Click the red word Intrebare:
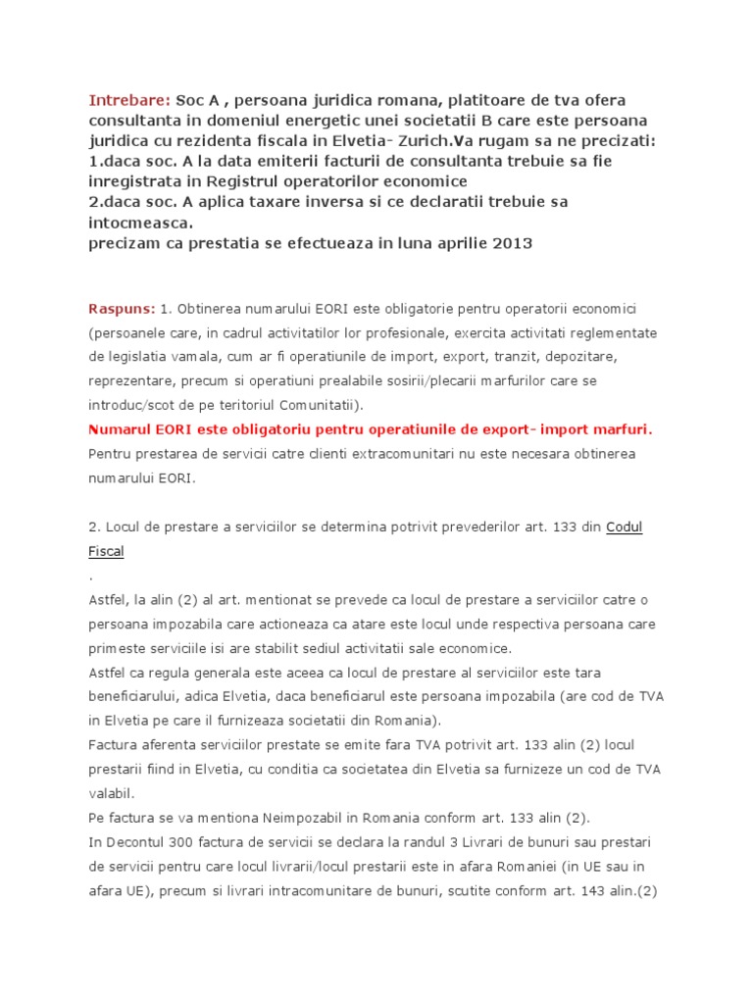coord(129,101)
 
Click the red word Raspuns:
coord(122,308)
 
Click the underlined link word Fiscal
coord(106,551)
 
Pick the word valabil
coord(111,792)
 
